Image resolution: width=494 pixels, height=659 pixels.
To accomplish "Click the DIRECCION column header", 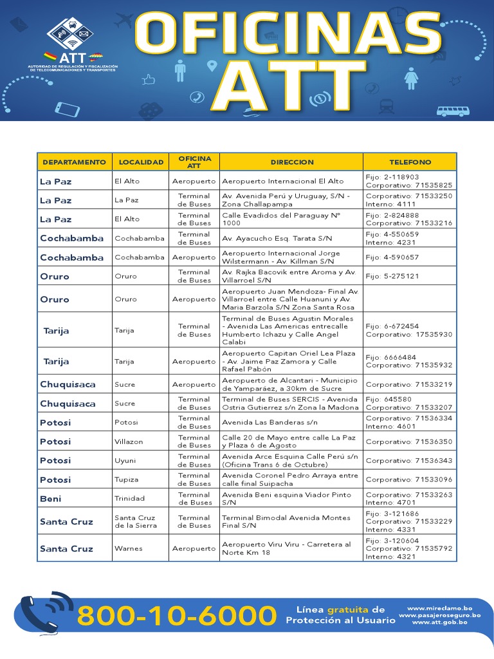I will tap(292, 162).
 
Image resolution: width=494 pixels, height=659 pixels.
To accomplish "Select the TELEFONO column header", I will tap(410, 162).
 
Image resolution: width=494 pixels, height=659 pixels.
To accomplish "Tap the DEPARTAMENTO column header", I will tap(74, 162).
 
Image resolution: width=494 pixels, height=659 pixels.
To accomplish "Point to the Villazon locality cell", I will tap(129, 442).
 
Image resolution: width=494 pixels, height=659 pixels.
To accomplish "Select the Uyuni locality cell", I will tap(125, 461).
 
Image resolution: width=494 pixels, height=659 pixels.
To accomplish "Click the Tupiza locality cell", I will tap(126, 480).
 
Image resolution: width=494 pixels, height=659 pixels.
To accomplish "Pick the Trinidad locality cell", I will tap(129, 499).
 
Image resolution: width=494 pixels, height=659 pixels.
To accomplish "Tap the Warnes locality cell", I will tap(128, 549).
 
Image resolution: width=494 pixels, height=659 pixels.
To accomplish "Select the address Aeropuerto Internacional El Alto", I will tap(283, 181).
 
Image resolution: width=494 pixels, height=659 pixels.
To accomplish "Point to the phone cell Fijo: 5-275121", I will tap(392, 277).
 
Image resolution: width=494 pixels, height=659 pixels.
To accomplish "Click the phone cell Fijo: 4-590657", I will tap(392, 257).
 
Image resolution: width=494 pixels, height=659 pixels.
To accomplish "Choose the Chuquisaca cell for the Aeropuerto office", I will tap(68, 384).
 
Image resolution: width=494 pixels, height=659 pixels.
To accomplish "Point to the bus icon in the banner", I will tap(452, 111).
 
